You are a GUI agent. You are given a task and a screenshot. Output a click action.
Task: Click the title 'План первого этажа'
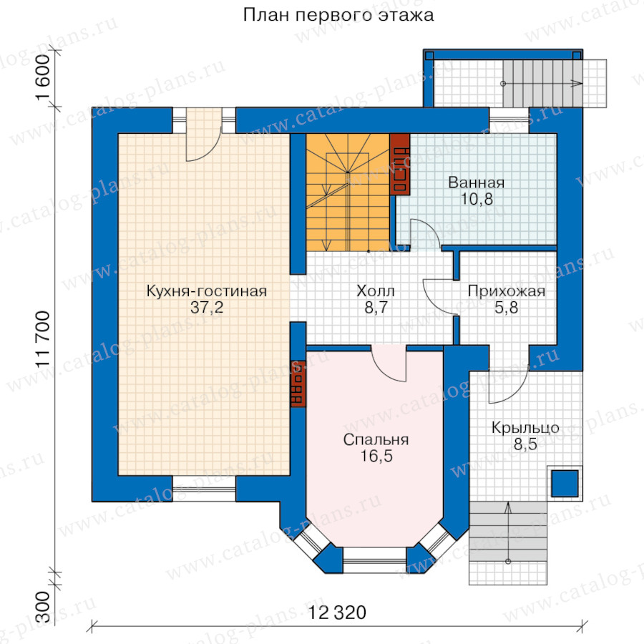coord(338,15)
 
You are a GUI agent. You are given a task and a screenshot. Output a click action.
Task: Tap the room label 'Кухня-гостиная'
coord(206,291)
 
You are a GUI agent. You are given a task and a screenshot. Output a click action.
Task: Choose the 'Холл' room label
coord(376,291)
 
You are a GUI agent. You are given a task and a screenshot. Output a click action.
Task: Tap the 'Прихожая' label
coord(507,291)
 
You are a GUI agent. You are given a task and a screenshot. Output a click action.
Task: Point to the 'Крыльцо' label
coord(525,428)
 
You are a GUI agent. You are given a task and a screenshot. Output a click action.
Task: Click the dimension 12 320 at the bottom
coord(338,613)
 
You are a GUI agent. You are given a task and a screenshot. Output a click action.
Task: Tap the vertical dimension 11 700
coord(41,342)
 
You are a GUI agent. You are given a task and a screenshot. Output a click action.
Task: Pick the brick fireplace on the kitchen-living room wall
coord(298,384)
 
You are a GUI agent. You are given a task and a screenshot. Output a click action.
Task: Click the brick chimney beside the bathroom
coord(400,164)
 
